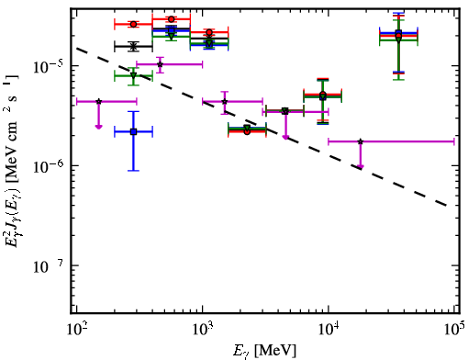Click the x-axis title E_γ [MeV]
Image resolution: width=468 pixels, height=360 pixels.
(x=264, y=351)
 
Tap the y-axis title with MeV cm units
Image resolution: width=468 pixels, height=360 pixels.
(x=11, y=162)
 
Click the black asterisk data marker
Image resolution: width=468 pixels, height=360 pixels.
(x=133, y=47)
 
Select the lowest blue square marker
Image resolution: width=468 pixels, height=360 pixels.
(x=133, y=132)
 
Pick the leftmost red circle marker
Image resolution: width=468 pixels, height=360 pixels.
(x=133, y=24)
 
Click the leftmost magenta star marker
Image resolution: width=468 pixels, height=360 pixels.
(x=98, y=101)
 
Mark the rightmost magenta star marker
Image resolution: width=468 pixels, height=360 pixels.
(x=361, y=141)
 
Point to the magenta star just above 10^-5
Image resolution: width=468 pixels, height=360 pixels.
(x=160, y=64)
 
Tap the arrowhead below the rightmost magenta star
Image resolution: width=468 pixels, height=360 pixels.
(x=361, y=167)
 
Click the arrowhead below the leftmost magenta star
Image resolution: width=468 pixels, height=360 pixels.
(x=98, y=127)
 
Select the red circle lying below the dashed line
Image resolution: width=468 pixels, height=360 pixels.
(x=247, y=131)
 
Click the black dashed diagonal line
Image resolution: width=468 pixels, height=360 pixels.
(x=262, y=127)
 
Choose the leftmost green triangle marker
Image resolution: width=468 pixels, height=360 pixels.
(x=133, y=75)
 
